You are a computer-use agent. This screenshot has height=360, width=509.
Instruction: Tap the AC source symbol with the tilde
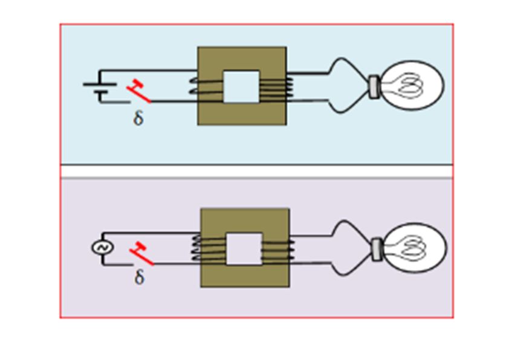[x=102, y=248]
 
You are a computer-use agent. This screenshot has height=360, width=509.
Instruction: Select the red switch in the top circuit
[x=139, y=91]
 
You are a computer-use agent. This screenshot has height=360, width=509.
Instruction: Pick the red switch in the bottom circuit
[x=141, y=254]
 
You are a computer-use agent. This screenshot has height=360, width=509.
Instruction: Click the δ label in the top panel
[x=138, y=118]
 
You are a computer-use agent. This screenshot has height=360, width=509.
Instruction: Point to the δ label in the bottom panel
[x=139, y=278]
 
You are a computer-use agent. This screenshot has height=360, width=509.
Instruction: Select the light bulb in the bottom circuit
[x=409, y=248]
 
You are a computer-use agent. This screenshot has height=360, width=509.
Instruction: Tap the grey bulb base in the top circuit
[x=375, y=86]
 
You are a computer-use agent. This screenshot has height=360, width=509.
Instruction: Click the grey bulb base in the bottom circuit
[x=377, y=249]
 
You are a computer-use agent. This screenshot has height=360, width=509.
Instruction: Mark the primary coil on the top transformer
[x=206, y=87]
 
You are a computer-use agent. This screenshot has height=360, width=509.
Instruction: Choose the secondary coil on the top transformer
[x=276, y=88]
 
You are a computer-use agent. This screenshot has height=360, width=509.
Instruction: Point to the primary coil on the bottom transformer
[x=209, y=249]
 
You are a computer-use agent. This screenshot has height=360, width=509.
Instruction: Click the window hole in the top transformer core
[x=241, y=86]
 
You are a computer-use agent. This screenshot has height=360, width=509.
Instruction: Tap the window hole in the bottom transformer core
[x=244, y=249]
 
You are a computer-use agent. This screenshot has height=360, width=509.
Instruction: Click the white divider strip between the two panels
[x=257, y=172]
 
